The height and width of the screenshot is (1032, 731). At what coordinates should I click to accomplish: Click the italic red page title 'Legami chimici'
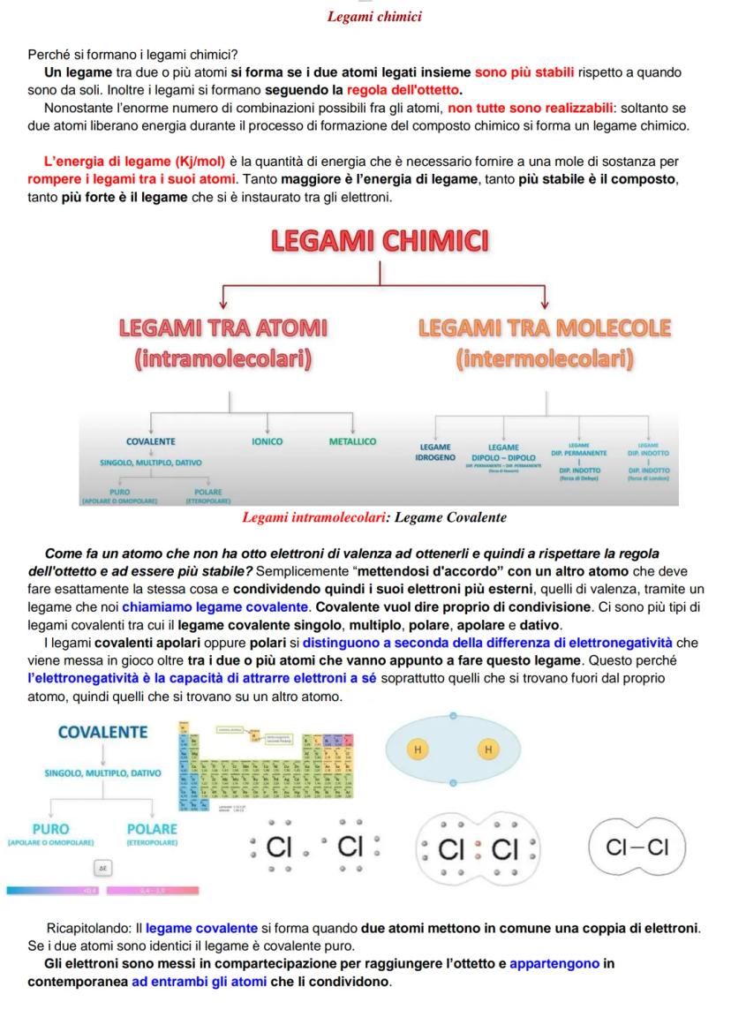[374, 17]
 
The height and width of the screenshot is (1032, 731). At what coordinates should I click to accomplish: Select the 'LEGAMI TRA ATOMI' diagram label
[223, 328]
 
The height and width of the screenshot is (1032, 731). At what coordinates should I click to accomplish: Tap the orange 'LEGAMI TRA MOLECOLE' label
[545, 328]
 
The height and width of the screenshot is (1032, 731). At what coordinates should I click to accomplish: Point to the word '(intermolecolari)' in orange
[545, 359]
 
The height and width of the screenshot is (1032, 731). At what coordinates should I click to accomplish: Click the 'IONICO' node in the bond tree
[268, 441]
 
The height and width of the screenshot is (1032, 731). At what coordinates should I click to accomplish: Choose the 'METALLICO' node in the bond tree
[352, 441]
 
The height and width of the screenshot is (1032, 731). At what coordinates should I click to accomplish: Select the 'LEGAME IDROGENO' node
[435, 452]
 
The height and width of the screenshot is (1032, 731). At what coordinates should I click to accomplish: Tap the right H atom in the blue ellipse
[488, 749]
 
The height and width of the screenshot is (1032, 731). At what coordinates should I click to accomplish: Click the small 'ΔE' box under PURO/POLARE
[102, 869]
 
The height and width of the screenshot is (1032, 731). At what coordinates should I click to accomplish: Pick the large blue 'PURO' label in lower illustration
[50, 829]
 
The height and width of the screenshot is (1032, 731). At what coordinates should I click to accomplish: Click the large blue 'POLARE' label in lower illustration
[152, 829]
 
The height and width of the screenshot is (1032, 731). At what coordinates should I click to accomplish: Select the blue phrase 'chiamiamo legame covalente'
[216, 607]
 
